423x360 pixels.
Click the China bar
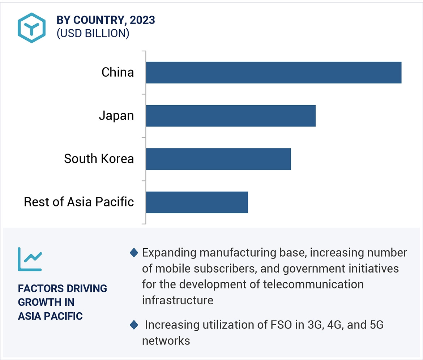click(x=273, y=73)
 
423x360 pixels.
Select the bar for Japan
click(x=231, y=116)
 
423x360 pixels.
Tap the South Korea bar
click(x=218, y=159)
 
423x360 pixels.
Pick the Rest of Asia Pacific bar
click(x=197, y=202)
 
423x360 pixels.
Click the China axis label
click(x=117, y=73)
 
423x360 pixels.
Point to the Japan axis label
click(x=116, y=116)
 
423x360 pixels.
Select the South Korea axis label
click(x=99, y=159)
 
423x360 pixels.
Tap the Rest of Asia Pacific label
click(x=79, y=202)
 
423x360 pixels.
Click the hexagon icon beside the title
click(x=32, y=28)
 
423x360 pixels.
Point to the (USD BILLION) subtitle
click(x=93, y=33)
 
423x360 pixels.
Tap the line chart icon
click(x=30, y=259)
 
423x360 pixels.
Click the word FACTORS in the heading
click(x=39, y=288)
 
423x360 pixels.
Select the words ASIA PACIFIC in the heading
click(x=50, y=316)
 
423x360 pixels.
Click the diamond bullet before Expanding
click(x=134, y=253)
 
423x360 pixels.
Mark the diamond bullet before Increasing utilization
click(x=134, y=325)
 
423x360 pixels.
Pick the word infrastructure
click(x=178, y=300)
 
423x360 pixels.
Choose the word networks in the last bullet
click(x=166, y=340)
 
